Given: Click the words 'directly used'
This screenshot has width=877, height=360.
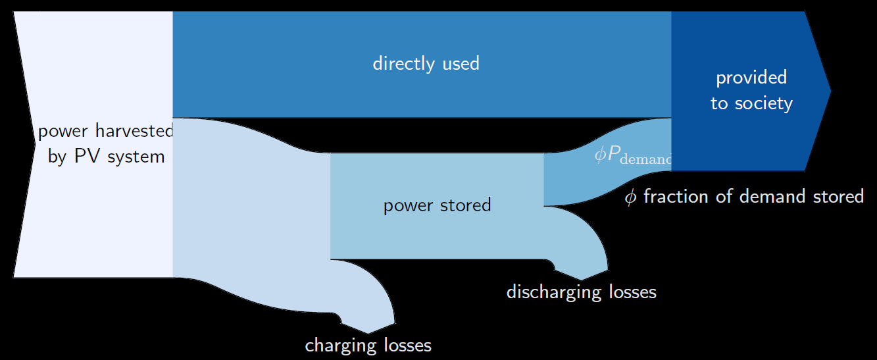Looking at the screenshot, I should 426,64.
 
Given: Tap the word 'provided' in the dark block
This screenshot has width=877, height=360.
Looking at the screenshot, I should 751,78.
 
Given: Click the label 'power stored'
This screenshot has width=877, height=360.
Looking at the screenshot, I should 437,205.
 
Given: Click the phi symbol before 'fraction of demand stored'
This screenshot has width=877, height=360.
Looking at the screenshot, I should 630,197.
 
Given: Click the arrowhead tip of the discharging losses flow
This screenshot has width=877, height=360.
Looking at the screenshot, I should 580,280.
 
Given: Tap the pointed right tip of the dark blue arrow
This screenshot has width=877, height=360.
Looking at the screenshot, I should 831,91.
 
